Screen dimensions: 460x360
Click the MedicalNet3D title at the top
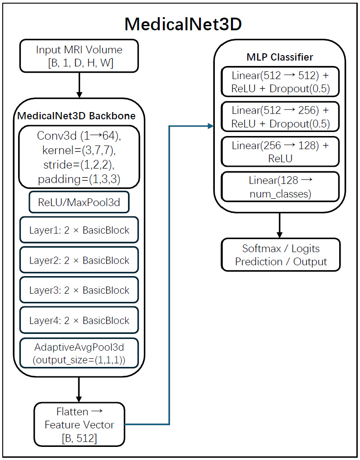pyautogui.click(x=183, y=24)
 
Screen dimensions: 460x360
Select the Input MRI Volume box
pyautogui.click(x=79, y=56)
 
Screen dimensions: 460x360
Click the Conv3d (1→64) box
pyautogui.click(x=79, y=156)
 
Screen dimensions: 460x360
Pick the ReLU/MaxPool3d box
pyautogui.click(x=79, y=202)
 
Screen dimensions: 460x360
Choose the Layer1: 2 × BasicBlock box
pyautogui.click(x=79, y=230)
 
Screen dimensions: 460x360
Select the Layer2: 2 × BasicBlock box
pyautogui.click(x=79, y=261)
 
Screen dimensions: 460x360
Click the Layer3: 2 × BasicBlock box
pyautogui.click(x=79, y=291)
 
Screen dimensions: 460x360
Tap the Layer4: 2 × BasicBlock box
pyautogui.click(x=79, y=321)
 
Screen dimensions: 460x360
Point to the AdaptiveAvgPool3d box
pyautogui.click(x=79, y=353)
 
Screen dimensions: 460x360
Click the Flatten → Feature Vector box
pyautogui.click(x=79, y=424)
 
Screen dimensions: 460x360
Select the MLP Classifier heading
pyautogui.click(x=279, y=57)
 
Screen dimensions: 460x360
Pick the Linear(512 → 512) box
pyautogui.click(x=279, y=82)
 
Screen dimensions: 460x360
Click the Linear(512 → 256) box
pyautogui.click(x=279, y=117)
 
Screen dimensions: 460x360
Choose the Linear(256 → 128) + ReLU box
pyautogui.click(x=279, y=152)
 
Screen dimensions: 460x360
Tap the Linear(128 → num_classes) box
pyautogui.click(x=279, y=187)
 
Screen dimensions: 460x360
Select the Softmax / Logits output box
pyautogui.click(x=280, y=255)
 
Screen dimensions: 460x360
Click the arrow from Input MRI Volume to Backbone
pyautogui.click(x=79, y=84)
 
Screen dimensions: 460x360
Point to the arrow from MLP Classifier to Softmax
pyautogui.click(x=279, y=225)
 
